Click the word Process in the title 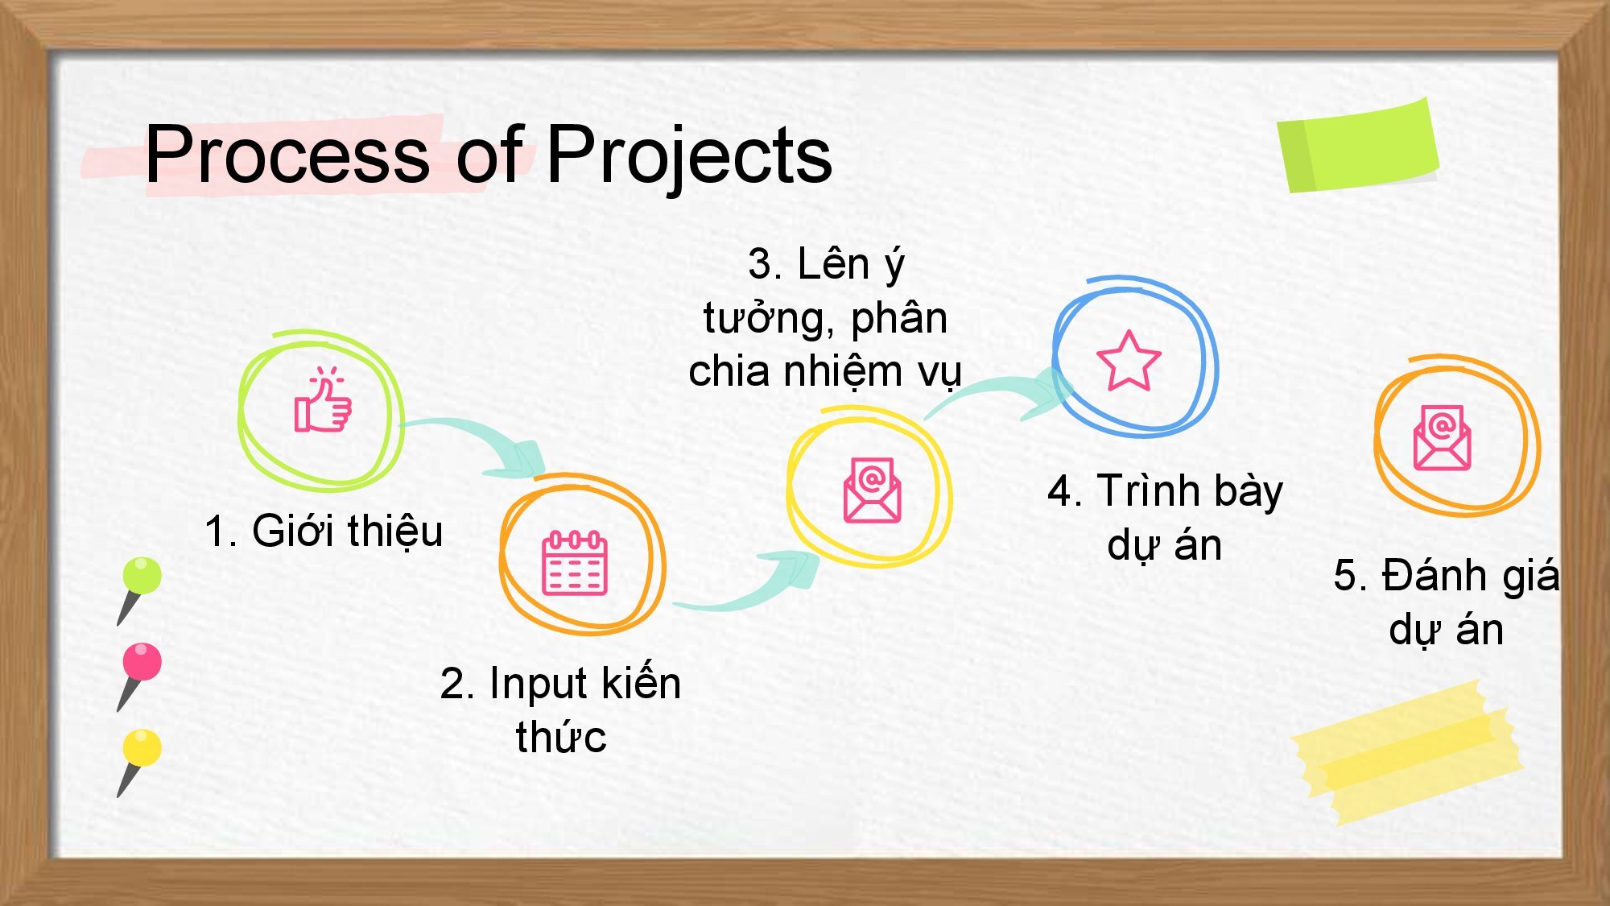click(287, 154)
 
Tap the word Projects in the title click(689, 158)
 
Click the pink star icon click(1129, 361)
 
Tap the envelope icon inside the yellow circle click(872, 490)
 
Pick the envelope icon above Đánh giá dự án click(1442, 437)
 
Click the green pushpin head click(142, 575)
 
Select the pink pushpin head click(142, 661)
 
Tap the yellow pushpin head click(142, 747)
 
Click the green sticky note click(1358, 146)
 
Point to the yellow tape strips click(1406, 752)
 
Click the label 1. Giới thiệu click(324, 531)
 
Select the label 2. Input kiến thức click(561, 709)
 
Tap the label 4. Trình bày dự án click(1165, 518)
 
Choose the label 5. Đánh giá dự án click(1446, 602)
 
